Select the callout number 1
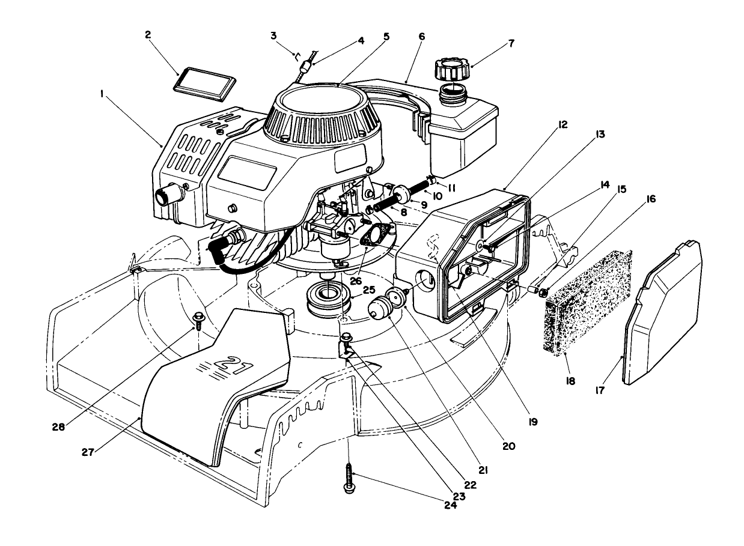click(103, 94)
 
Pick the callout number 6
click(421, 37)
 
